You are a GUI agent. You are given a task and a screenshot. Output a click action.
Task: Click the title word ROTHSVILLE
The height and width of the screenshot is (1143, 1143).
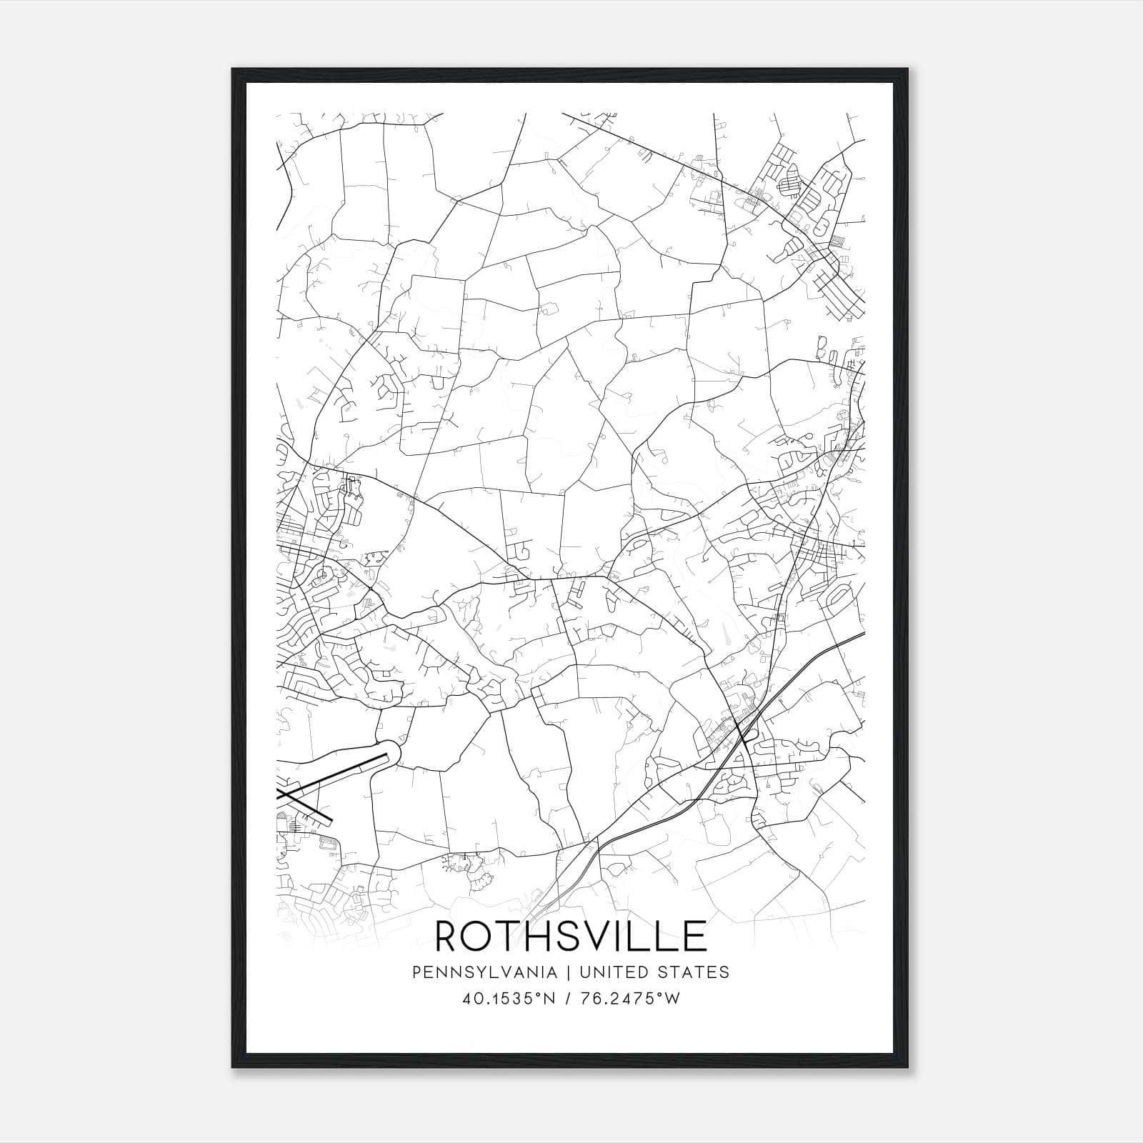(x=571, y=936)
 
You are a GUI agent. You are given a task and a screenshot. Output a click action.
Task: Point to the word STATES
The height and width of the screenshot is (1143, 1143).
(x=699, y=972)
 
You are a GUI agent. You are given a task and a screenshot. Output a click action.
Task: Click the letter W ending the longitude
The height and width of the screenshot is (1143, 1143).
(x=672, y=999)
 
